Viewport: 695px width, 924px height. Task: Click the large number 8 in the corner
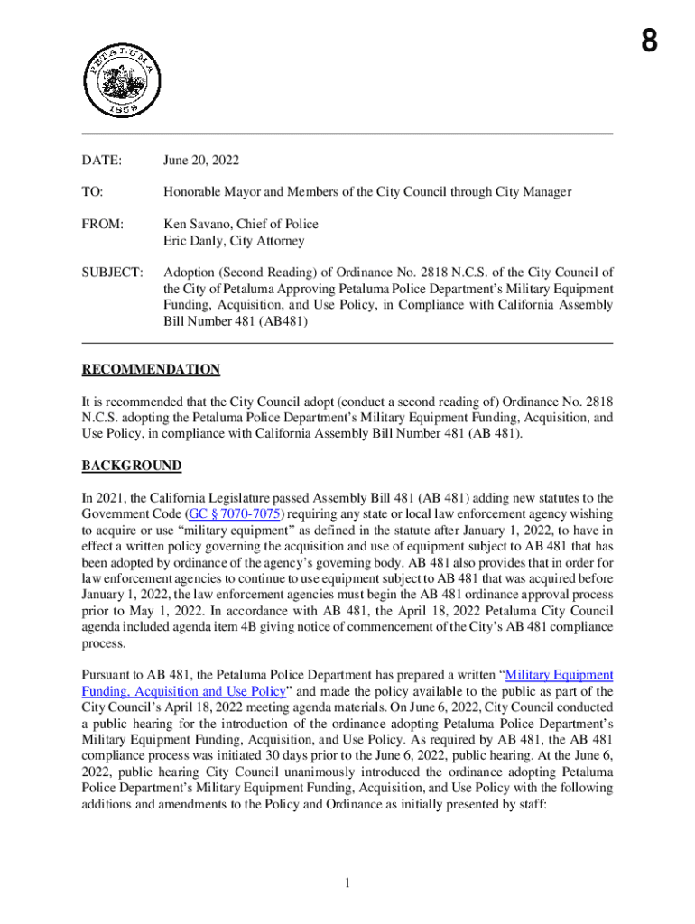click(x=650, y=42)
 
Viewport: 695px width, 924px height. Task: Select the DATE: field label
click(x=101, y=161)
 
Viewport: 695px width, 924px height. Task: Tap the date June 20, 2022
click(x=200, y=161)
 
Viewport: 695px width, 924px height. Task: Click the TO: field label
click(x=92, y=192)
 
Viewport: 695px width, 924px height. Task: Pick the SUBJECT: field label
click(x=112, y=273)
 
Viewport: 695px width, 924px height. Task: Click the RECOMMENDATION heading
click(x=151, y=369)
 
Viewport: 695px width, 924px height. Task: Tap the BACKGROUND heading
click(x=132, y=466)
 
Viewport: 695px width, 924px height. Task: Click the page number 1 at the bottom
click(x=347, y=882)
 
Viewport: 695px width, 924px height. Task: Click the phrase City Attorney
click(x=268, y=241)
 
